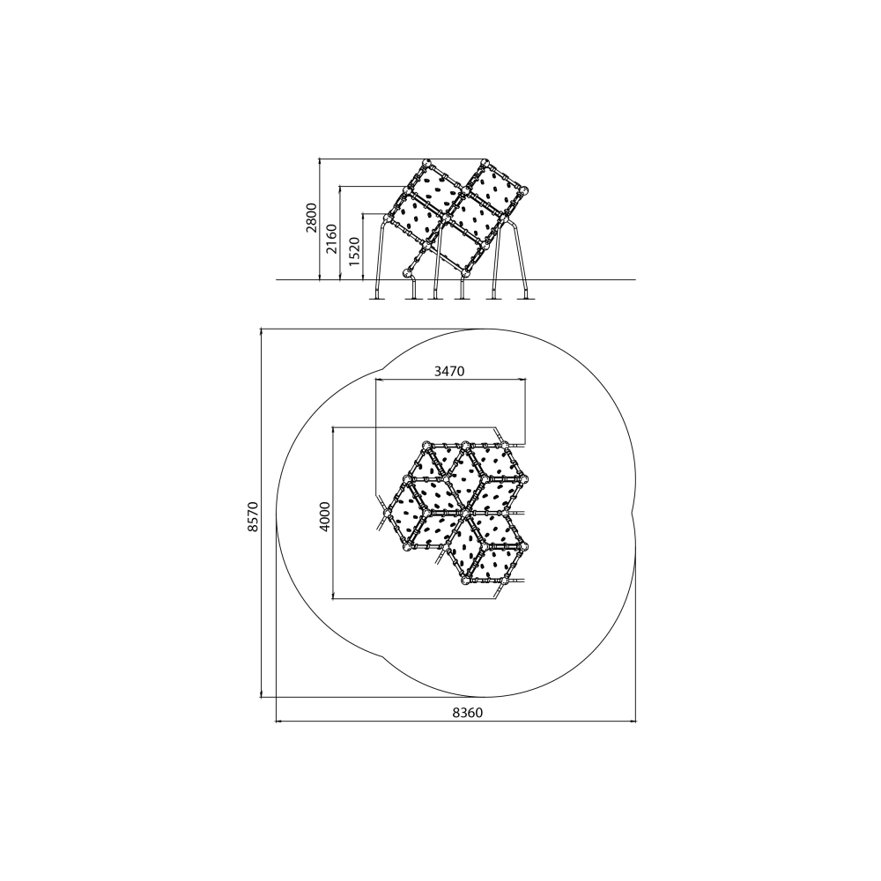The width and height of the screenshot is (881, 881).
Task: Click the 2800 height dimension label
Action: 312,218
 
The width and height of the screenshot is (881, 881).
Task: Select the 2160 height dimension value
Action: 332,239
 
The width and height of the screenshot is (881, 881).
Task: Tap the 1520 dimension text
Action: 353,251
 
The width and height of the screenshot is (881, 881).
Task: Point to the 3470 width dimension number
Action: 449,371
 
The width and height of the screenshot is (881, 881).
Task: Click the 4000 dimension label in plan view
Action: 325,516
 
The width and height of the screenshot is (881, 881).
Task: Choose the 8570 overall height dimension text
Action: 253,517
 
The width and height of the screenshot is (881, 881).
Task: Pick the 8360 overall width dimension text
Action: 468,713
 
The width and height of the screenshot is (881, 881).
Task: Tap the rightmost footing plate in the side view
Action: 526,299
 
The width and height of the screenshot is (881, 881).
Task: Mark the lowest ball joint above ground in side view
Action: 406,274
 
